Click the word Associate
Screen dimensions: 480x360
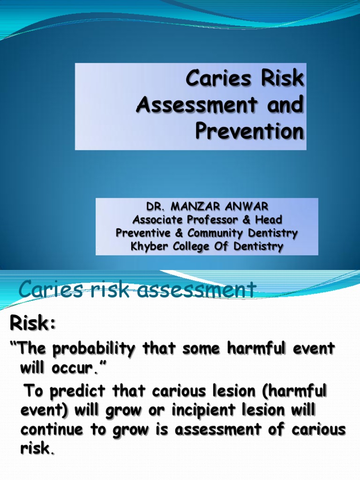click(x=158, y=220)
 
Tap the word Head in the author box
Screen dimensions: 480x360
click(x=270, y=220)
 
